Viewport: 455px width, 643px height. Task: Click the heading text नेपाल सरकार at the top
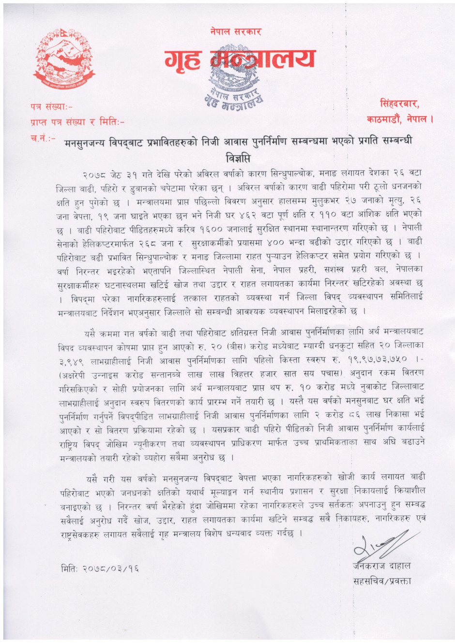click(x=236, y=32)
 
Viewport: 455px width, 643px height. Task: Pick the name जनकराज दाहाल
click(x=382, y=566)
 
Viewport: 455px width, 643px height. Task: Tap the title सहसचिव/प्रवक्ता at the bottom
click(x=382, y=581)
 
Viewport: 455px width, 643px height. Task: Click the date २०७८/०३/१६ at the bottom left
click(x=100, y=568)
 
